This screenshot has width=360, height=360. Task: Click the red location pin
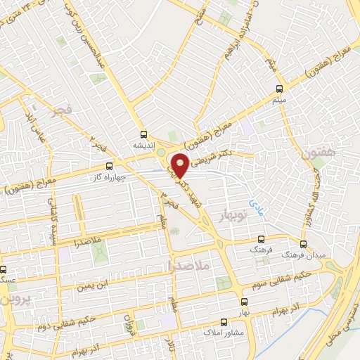tap(181, 165)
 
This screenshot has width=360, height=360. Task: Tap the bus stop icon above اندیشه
tap(143, 134)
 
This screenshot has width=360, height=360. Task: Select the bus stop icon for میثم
tap(279, 89)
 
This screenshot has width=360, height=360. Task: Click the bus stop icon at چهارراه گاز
tap(108, 167)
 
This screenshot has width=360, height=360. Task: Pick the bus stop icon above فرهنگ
tap(262, 239)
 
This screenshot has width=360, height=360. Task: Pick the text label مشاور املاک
tap(226, 332)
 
